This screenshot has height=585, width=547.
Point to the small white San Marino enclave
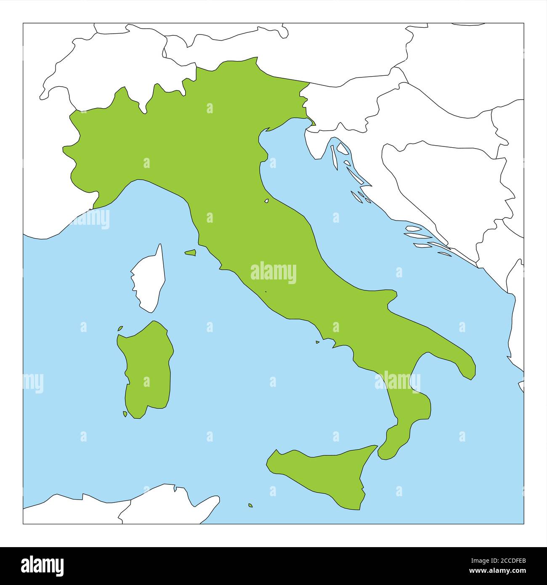[267, 201]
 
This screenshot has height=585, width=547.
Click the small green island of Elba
[191, 253]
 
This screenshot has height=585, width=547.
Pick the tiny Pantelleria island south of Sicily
[250, 505]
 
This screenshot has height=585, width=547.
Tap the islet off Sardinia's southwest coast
[125, 414]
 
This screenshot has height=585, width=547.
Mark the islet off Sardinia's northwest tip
[120, 328]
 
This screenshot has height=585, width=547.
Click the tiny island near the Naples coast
[318, 342]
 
